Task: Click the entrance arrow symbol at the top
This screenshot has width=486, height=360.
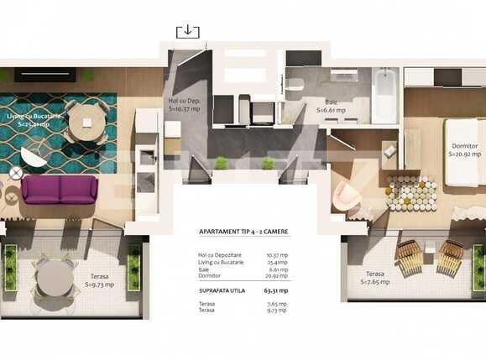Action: point(187,31)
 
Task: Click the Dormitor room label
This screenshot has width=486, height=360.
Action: point(463,149)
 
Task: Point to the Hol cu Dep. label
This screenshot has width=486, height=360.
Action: point(185,104)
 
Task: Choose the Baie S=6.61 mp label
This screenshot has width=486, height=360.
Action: point(331,106)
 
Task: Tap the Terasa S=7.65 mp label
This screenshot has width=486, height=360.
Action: point(374,278)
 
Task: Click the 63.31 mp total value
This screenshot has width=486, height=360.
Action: point(274,290)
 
